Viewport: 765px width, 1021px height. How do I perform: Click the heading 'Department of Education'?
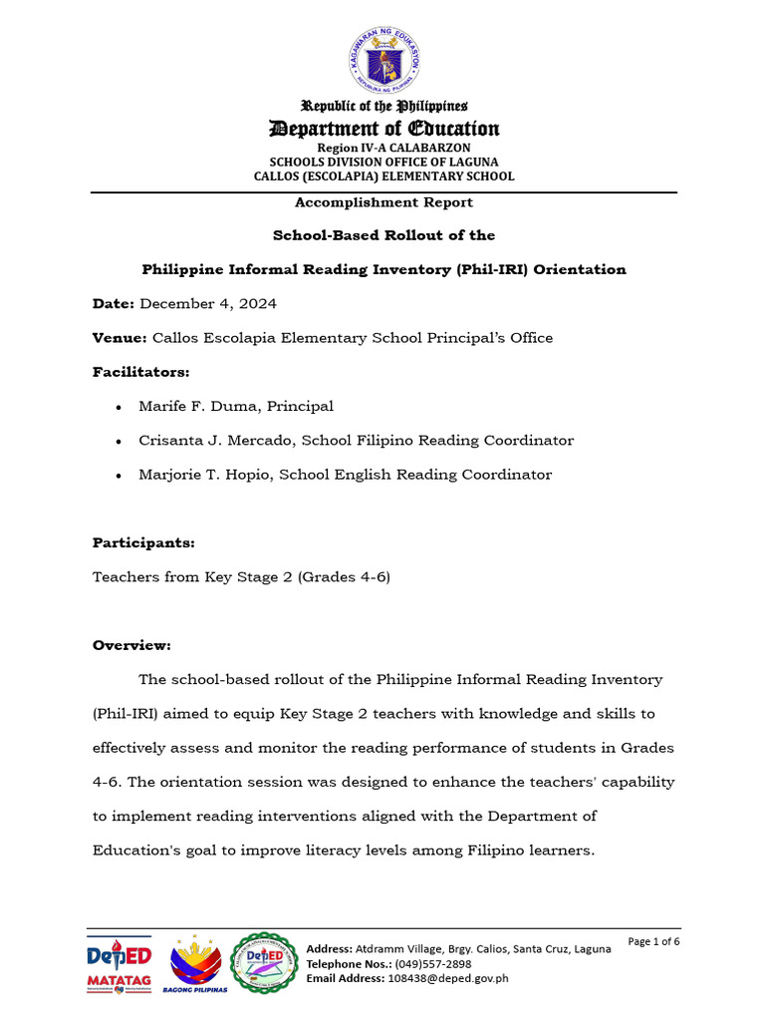383,129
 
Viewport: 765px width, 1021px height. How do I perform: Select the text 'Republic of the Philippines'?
383,106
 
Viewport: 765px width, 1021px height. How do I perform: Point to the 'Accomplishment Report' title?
383,202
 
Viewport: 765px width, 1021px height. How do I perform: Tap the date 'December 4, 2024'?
208,304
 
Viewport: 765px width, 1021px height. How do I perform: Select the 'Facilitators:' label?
140,372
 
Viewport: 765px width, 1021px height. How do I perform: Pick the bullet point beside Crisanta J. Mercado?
120,441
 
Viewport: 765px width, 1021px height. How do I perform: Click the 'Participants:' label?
143,543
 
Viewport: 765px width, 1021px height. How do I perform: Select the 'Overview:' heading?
131,646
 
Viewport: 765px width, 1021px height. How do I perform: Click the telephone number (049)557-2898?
431,964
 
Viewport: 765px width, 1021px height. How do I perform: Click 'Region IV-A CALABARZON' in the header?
383,148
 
